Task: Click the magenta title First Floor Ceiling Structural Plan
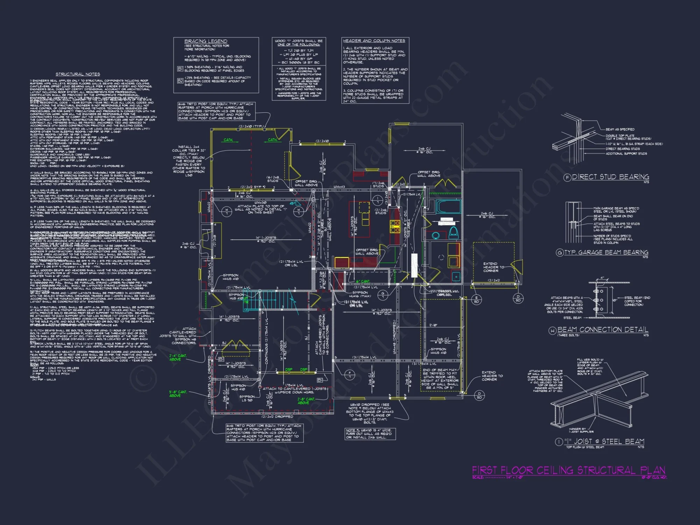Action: click(568, 470)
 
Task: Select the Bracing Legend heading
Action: click(205, 41)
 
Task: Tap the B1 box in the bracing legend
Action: click(180, 69)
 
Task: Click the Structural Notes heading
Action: click(78, 74)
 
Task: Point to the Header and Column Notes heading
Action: click(374, 41)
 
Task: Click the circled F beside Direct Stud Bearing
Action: click(567, 177)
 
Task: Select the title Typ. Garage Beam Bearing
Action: click(606, 252)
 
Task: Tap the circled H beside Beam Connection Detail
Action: click(552, 330)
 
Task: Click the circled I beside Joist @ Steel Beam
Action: click(559, 442)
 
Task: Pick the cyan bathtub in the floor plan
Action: click(448, 207)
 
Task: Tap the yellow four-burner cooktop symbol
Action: click(395, 226)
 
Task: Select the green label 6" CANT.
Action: click(363, 281)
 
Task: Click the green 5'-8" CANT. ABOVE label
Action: click(178, 394)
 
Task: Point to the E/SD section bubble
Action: click(476, 300)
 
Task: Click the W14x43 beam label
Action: click(339, 187)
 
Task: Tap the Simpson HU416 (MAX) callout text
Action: click(360, 294)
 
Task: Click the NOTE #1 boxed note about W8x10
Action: click(370, 434)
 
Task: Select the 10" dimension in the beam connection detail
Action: click(615, 300)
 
